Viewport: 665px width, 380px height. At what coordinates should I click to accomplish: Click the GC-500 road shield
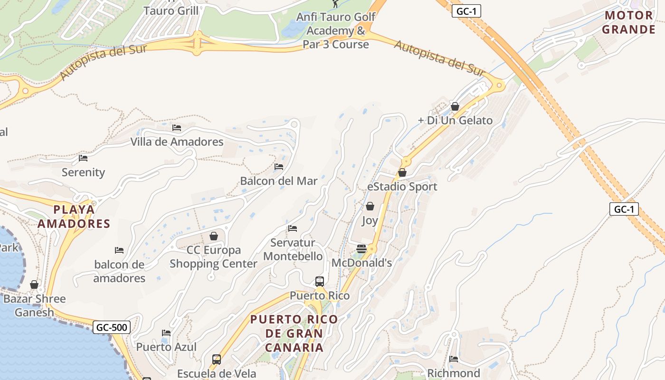pos(112,327)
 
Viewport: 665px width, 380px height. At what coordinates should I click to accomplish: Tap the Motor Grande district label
pos(629,22)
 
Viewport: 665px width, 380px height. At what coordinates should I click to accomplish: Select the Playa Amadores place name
pos(74,217)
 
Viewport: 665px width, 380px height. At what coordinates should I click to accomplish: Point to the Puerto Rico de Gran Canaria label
pos(294,333)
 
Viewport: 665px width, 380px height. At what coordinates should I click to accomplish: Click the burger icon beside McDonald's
pos(361,249)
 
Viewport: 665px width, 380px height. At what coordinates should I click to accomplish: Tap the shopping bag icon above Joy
pos(370,206)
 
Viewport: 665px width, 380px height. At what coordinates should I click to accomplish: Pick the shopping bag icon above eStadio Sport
pos(402,172)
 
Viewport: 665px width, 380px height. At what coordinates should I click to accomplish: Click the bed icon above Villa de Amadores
pos(177,128)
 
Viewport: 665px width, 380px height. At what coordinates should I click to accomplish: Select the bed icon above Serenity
pos(83,158)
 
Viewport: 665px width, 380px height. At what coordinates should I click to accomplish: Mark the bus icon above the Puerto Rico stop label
pos(320,281)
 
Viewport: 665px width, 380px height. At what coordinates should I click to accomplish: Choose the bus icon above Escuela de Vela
pos(217,360)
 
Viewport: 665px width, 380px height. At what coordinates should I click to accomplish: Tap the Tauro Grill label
pos(171,10)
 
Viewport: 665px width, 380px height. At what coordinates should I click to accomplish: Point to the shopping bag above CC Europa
pos(214,236)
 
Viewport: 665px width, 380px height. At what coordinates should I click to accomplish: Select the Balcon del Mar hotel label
pos(279,181)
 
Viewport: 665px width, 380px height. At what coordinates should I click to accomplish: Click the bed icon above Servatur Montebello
pos(293,228)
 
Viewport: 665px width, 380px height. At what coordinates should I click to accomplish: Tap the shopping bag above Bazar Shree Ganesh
pos(34,285)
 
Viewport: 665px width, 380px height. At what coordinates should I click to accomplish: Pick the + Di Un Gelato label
pos(455,120)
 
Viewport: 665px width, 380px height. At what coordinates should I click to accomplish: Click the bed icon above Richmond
pos(454,359)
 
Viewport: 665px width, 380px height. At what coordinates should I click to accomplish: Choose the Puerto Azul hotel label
pos(166,347)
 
